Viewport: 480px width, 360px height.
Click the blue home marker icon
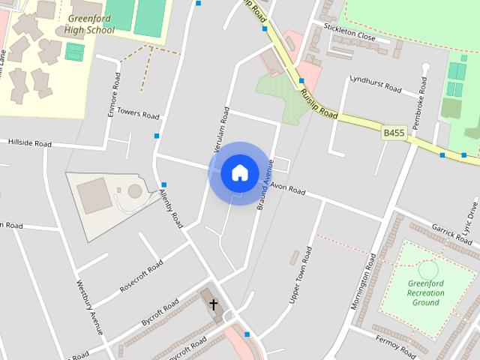239,173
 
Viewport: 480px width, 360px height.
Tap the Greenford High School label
91,25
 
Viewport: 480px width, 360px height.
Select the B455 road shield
394,133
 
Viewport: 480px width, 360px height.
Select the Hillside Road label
29,142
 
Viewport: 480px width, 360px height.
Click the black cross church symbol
214,304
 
